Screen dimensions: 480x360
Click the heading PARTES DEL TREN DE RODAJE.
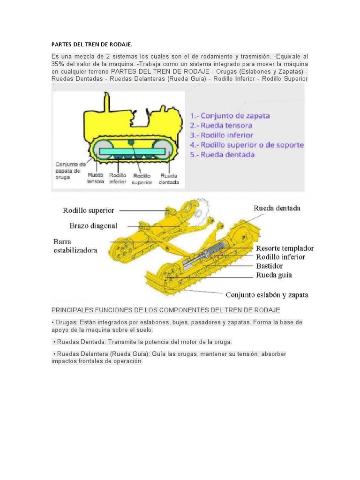(x=92, y=45)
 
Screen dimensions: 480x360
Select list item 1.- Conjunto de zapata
(x=230, y=115)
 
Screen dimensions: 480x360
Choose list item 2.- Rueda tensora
(x=221, y=125)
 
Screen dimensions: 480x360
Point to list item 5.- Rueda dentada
(x=222, y=154)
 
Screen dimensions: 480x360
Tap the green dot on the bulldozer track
(x=131, y=142)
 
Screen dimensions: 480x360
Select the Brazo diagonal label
(x=93, y=226)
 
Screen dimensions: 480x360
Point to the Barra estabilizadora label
(x=75, y=246)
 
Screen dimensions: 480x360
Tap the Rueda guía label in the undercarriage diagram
(x=274, y=275)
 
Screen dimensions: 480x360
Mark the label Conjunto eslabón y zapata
(x=267, y=295)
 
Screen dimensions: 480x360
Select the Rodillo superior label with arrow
(x=89, y=210)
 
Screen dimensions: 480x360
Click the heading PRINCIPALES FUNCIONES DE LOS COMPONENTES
(x=165, y=310)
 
